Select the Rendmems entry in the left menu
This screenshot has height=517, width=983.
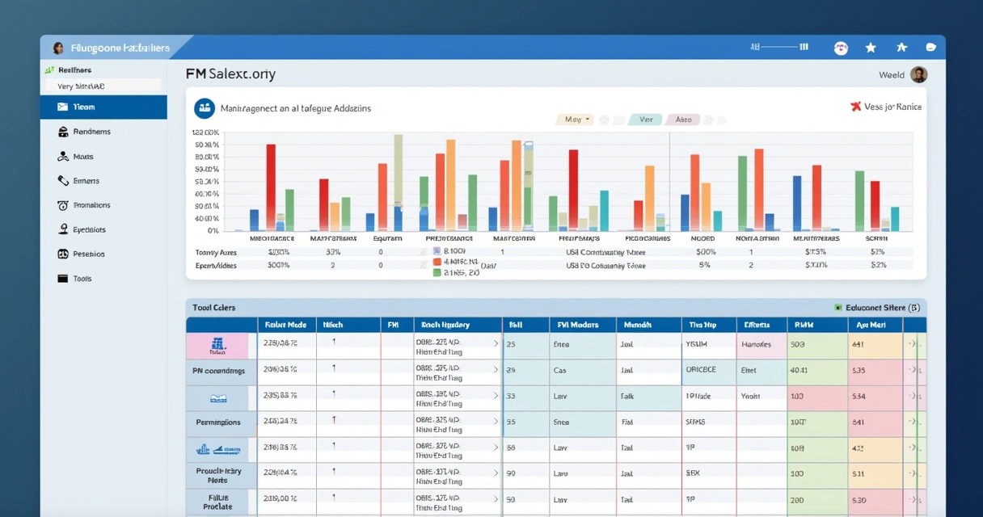(x=91, y=132)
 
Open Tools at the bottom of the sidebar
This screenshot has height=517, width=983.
(x=82, y=279)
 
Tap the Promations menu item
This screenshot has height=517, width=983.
(x=91, y=205)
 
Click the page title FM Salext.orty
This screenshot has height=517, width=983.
(x=230, y=74)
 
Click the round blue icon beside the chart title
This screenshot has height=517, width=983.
(x=205, y=107)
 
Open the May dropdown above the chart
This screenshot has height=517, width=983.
(x=576, y=120)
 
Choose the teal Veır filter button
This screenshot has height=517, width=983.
(x=645, y=120)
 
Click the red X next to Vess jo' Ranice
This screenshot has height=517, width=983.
(x=855, y=107)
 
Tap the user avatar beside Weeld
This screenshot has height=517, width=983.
(x=918, y=75)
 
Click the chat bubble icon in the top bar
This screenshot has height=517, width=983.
(x=930, y=48)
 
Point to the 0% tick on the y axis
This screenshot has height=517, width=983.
(x=213, y=230)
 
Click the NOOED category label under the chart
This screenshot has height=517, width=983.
(x=702, y=238)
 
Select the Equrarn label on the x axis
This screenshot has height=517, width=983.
(x=388, y=238)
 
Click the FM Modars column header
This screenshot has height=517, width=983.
(x=578, y=325)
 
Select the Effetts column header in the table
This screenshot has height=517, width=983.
(x=757, y=325)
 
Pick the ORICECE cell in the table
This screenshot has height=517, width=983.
(x=701, y=370)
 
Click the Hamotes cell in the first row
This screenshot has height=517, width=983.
(x=757, y=344)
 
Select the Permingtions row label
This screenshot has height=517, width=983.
(x=218, y=422)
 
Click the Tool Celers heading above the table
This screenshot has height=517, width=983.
(x=214, y=308)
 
